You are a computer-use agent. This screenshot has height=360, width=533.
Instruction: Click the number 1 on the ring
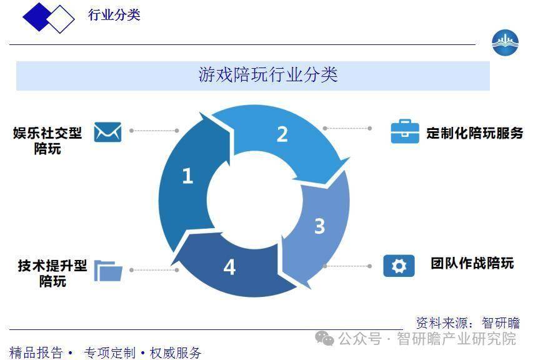tap(187, 176)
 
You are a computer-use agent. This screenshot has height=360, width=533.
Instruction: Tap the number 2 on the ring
tap(282, 134)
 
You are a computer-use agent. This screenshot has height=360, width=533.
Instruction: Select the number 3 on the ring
tap(319, 226)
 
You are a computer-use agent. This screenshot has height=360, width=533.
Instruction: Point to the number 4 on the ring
tap(229, 267)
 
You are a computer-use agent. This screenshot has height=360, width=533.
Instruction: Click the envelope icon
tap(107, 132)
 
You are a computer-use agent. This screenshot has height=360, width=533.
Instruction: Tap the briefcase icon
tap(405, 131)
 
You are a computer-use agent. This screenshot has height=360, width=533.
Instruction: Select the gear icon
tap(399, 266)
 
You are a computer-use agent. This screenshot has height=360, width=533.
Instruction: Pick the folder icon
tap(108, 271)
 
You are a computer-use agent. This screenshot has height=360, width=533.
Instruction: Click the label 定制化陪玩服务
tap(475, 133)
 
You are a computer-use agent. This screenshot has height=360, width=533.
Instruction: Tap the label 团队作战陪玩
tap(472, 264)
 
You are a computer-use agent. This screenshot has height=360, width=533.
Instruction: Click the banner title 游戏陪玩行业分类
tap(268, 75)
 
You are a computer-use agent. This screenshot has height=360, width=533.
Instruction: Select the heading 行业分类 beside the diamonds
tap(114, 15)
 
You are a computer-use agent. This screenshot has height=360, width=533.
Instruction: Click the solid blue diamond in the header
tap(37, 17)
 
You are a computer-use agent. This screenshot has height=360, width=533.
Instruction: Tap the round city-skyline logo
tap(505, 43)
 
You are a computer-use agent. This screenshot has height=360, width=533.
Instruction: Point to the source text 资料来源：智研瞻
tap(468, 323)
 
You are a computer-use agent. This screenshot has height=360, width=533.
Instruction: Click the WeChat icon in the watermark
tap(325, 338)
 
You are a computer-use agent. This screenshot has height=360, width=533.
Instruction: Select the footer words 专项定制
tap(110, 353)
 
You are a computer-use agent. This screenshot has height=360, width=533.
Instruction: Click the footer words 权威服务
tap(176, 353)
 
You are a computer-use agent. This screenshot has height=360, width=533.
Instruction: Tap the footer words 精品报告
tap(36, 353)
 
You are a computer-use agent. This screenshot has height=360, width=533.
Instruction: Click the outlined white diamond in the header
tap(61, 19)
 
